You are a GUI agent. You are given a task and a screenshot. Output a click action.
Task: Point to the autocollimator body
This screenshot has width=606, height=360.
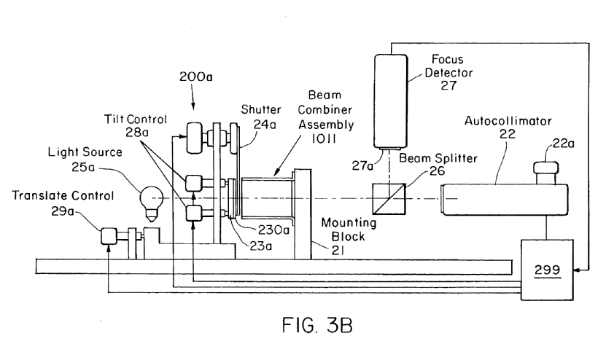pyautogui.click(x=503, y=199)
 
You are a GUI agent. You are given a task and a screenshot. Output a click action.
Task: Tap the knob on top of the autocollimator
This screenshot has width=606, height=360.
pyautogui.click(x=547, y=170)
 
